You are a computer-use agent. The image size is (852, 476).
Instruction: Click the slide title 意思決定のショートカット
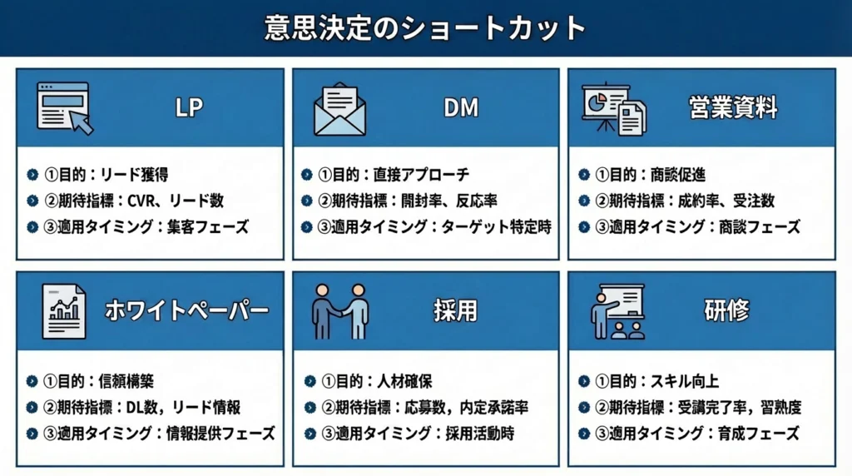425,28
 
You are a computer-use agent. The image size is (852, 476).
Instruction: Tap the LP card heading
189,107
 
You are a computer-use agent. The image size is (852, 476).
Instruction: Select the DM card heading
461,107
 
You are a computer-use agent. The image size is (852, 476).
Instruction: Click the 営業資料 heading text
733,107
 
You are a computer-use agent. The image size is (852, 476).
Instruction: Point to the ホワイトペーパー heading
187,310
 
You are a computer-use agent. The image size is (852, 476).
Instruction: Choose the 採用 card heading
455,310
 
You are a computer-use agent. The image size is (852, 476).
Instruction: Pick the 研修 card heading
726,310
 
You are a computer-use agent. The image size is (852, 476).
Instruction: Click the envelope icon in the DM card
340,109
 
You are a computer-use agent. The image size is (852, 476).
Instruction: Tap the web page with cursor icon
65,108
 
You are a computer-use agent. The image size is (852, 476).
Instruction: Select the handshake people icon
340,311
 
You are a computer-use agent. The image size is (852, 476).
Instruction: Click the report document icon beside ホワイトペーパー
63,311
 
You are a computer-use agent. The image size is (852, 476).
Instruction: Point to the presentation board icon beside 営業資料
614,109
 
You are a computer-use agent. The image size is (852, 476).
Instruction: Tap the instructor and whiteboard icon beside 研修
617,311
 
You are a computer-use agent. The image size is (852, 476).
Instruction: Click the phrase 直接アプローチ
421,175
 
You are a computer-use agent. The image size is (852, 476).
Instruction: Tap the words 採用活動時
480,434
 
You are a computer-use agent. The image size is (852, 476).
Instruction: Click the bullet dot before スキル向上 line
584,381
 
